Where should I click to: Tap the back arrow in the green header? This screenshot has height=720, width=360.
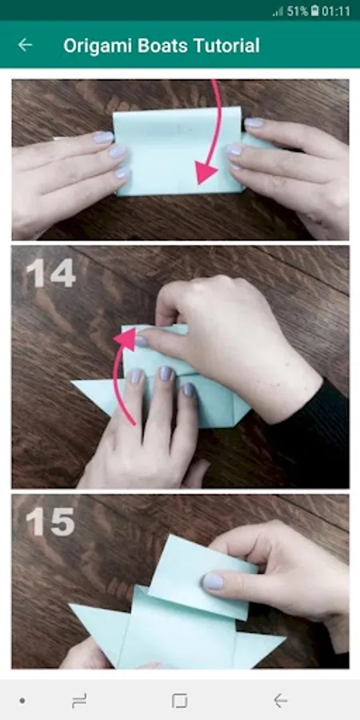(25, 45)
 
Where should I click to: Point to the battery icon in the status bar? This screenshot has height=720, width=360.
(314, 11)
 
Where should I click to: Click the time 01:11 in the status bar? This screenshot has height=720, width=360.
(336, 11)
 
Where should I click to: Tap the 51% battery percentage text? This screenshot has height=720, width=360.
(298, 11)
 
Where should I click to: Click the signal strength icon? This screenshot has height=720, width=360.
(278, 12)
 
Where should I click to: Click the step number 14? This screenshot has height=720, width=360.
(51, 273)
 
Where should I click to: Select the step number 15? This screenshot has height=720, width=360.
(50, 522)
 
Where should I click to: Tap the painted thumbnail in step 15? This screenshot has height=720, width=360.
(213, 582)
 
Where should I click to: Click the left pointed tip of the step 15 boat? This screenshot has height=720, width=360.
(70, 605)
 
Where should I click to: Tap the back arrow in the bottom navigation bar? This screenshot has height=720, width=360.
(280, 701)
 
